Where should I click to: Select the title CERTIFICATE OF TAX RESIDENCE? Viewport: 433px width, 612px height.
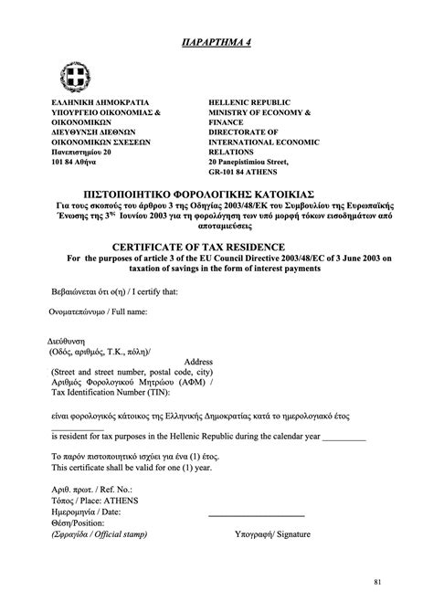(216, 247)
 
